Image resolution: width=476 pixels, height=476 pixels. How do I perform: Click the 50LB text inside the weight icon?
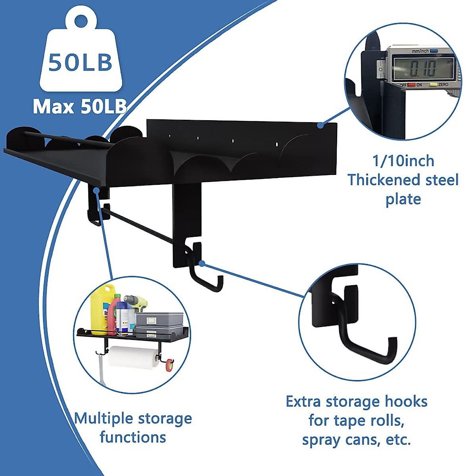click(81, 63)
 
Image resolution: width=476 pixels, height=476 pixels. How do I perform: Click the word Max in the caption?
click(54, 107)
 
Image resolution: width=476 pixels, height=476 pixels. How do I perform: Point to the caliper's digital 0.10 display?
click(422, 68)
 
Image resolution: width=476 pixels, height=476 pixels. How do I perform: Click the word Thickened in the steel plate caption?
click(382, 180)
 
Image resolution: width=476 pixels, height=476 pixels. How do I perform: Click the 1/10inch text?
click(403, 161)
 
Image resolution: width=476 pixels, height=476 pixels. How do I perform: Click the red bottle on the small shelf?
click(113, 313)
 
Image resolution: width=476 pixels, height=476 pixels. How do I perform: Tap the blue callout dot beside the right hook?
click(202, 263)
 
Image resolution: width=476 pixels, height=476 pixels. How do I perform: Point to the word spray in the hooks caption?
click(321, 440)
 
